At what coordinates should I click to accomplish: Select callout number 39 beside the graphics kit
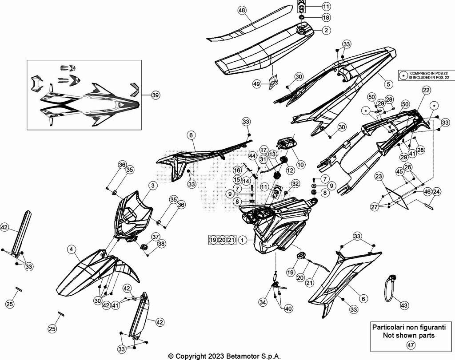pos(155,95)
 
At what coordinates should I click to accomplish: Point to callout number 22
pos(426,90)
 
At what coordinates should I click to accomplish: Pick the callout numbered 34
pos(263,302)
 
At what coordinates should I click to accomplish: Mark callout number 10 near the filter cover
pos(301,164)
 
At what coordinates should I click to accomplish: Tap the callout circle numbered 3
pos(152,185)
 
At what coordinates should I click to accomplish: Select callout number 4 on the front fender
pos(71,249)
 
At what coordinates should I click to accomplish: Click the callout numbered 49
pos(257,83)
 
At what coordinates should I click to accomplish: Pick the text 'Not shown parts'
pos(408,335)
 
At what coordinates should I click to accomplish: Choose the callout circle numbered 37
pos(156,236)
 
